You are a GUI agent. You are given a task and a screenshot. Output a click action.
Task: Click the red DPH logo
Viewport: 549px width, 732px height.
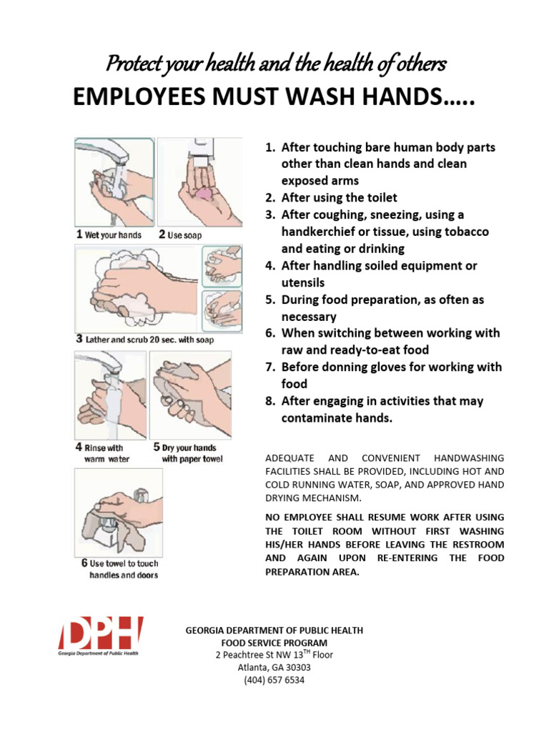100,635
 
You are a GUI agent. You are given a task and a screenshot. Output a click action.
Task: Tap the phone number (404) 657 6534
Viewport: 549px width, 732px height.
274,680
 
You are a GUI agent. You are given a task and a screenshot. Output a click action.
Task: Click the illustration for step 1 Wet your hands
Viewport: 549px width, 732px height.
114,182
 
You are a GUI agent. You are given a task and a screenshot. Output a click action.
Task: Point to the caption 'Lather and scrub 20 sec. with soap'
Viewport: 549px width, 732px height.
145,340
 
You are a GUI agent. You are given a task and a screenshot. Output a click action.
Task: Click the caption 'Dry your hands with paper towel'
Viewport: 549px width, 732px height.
190,453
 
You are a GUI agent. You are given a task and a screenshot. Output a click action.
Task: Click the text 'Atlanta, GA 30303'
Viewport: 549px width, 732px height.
274,668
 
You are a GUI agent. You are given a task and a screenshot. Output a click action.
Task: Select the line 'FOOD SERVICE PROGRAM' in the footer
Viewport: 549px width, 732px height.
274,643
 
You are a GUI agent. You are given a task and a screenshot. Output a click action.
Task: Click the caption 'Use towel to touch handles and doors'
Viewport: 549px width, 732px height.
117,569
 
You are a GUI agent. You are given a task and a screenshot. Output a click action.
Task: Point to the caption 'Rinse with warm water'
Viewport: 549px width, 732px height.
104,453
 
